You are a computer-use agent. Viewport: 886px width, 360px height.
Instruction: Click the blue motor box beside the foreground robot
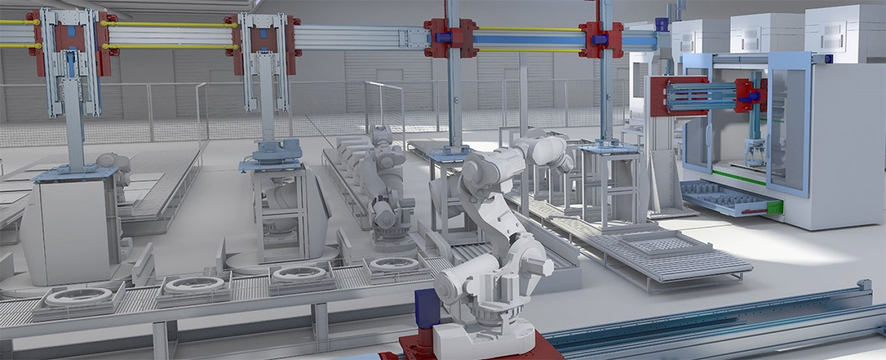coord(427,308)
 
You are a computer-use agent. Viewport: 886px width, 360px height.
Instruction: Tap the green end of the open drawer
coord(775,208)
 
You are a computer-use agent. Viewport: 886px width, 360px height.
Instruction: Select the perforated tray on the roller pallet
coord(664,244)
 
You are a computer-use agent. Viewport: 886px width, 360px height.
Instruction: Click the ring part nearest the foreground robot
coord(395,264)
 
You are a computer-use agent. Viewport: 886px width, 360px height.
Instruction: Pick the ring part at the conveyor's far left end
coord(78,296)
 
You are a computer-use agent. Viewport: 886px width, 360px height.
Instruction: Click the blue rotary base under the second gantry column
coord(270,152)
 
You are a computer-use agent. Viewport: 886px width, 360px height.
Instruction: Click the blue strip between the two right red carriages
coord(529,38)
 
